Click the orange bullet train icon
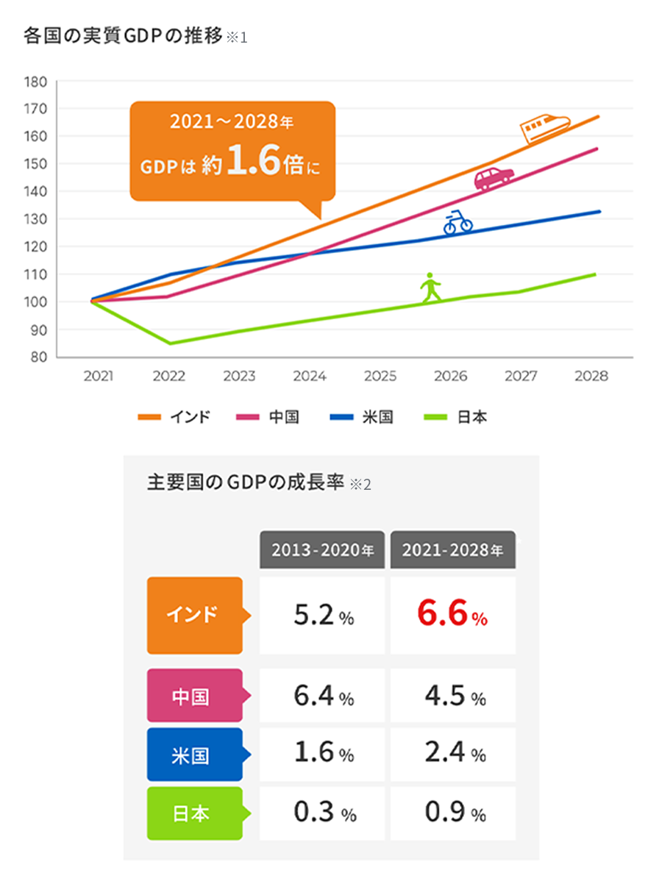[545, 127]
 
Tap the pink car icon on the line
[494, 178]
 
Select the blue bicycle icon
[458, 222]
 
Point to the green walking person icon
[430, 288]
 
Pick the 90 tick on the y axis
[38, 330]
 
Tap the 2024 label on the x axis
[310, 377]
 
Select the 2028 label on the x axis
[592, 377]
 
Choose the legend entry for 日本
[456, 418]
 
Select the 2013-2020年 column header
[322, 550]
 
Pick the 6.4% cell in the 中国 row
[322, 696]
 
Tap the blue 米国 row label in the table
[194, 755]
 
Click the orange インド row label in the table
[194, 615]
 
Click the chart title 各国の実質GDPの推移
[124, 35]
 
